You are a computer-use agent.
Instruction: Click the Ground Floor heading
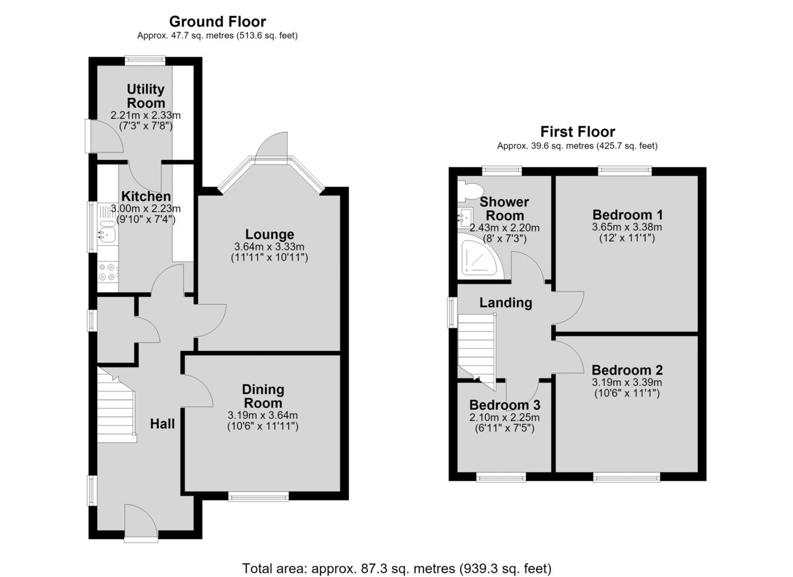click(217, 22)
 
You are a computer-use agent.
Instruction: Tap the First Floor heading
click(578, 132)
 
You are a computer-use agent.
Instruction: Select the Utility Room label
click(145, 96)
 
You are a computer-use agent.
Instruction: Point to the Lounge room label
click(270, 235)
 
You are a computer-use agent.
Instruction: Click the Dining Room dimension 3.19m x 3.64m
click(263, 415)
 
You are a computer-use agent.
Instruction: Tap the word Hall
click(162, 424)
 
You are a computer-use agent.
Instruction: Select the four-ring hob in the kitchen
click(108, 272)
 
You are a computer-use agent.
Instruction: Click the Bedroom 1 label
click(627, 215)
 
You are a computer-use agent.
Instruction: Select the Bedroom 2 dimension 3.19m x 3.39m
click(626, 382)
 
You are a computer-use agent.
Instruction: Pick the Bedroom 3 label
click(505, 405)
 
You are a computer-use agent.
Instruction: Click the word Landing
click(506, 303)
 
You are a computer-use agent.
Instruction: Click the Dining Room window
click(258, 497)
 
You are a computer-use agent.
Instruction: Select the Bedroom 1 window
click(625, 171)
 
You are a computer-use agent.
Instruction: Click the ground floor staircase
click(117, 406)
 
